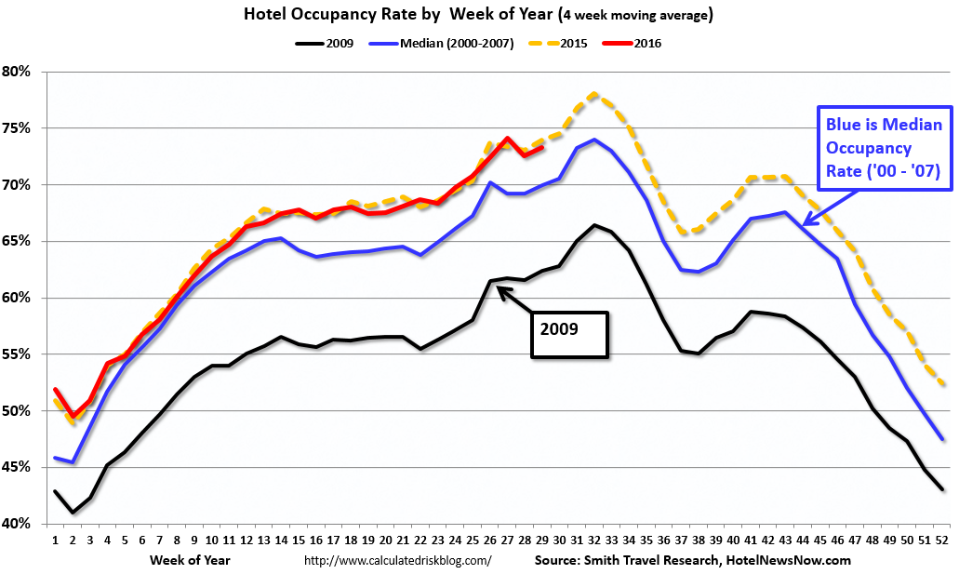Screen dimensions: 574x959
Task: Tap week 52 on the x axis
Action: pos(942,540)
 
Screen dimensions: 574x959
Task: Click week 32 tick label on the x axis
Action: pos(594,540)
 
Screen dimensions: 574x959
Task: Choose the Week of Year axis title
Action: pos(190,560)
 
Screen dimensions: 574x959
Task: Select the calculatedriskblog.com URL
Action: pos(398,561)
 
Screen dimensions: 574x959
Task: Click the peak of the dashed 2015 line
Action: pos(594,94)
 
